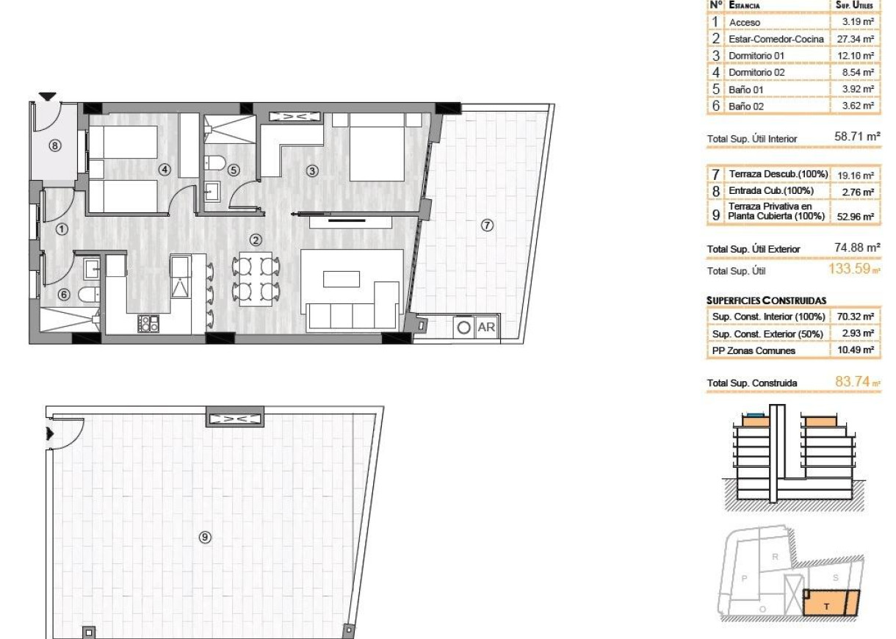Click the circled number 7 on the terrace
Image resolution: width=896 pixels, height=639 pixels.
click(487, 225)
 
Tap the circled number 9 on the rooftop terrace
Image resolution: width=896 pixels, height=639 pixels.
click(206, 538)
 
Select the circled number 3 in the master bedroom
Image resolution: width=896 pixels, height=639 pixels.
click(312, 171)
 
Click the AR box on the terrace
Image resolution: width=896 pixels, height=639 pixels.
click(486, 328)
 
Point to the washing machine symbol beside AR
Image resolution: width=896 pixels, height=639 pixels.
click(463, 328)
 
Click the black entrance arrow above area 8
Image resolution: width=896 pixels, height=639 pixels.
click(48, 96)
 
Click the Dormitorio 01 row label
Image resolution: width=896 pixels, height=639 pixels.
click(756, 56)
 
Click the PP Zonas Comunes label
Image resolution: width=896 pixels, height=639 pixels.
click(752, 351)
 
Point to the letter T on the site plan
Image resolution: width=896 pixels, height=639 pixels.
click(827, 606)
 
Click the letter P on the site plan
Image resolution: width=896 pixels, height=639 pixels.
click(744, 578)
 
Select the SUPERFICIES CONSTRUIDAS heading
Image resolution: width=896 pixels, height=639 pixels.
click(766, 300)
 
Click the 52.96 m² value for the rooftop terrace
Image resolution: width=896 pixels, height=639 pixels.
click(856, 217)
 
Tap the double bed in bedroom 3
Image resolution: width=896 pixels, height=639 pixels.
click(376, 147)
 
